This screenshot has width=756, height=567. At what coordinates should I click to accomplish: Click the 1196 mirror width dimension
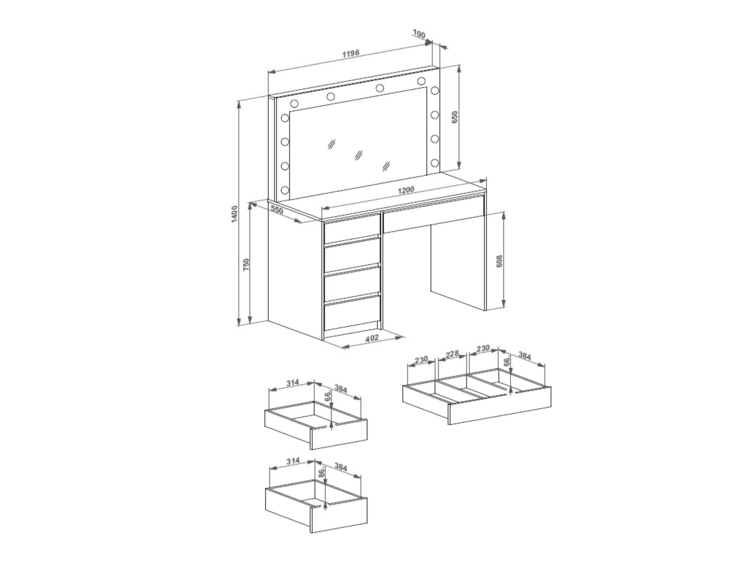[x=351, y=53]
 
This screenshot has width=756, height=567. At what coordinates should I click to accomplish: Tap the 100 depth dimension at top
[x=419, y=34]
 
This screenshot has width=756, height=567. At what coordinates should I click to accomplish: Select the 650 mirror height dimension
[x=454, y=117]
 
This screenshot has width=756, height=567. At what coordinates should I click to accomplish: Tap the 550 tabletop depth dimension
[x=277, y=209]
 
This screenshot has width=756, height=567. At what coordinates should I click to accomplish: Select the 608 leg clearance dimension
[x=500, y=261]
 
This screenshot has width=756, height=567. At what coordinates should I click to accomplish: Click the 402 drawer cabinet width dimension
[x=372, y=338]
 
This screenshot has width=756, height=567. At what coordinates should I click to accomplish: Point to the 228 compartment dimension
[x=452, y=354]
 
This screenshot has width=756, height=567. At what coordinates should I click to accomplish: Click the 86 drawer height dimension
[x=322, y=473]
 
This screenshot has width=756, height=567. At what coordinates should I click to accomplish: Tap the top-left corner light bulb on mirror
[x=294, y=103]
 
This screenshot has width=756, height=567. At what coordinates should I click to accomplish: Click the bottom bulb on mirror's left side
[x=285, y=190]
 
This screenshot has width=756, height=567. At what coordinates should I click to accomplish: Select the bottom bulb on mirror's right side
[x=434, y=163]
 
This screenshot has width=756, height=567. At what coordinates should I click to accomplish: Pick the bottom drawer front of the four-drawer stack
[x=352, y=315]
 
